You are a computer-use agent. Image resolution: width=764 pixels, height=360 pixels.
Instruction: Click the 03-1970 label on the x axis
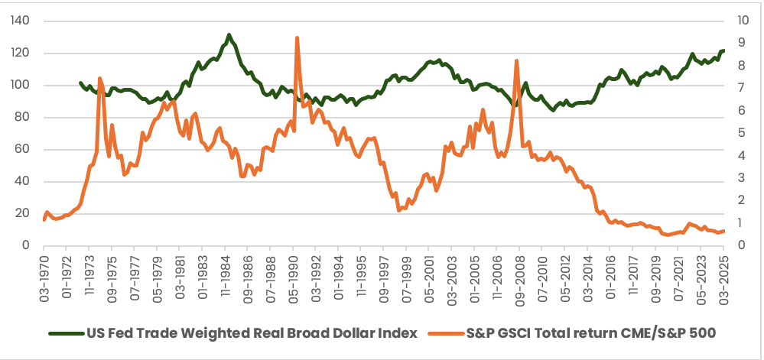click(44, 274)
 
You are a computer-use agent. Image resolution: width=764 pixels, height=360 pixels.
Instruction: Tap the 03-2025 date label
click(724, 274)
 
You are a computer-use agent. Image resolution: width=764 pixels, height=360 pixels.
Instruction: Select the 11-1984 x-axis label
click(226, 274)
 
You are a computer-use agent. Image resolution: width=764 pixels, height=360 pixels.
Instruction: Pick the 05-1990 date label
click(294, 274)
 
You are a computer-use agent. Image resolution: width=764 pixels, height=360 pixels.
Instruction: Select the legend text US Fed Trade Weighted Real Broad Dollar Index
click(252, 334)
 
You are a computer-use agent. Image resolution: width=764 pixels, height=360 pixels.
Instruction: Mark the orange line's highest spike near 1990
click(297, 38)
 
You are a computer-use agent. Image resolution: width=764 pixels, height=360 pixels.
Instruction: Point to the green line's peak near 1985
click(229, 35)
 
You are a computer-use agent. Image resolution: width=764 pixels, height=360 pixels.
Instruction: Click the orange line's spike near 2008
click(518, 61)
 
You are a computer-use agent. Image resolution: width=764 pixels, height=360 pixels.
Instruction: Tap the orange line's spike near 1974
click(100, 78)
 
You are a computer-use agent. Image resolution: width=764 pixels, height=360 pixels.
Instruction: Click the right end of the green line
click(723, 50)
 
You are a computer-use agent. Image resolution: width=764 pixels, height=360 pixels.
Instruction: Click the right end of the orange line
click(723, 231)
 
